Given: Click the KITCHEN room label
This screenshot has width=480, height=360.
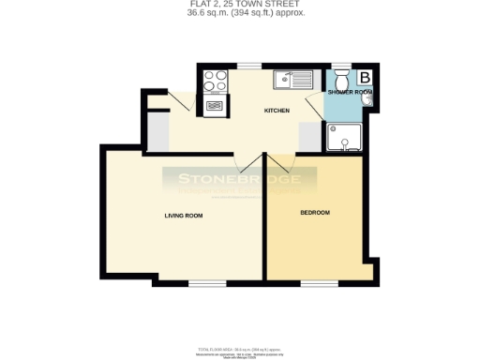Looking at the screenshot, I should (277, 111).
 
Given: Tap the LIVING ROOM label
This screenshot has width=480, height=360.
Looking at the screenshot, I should (184, 216).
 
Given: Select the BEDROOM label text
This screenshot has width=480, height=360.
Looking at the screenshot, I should (315, 213).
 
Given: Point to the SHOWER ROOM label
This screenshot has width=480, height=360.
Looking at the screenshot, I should (350, 93).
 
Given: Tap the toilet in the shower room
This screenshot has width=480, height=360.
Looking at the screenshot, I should (339, 77).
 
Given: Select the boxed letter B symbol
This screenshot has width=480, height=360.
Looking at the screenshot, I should (365, 77).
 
